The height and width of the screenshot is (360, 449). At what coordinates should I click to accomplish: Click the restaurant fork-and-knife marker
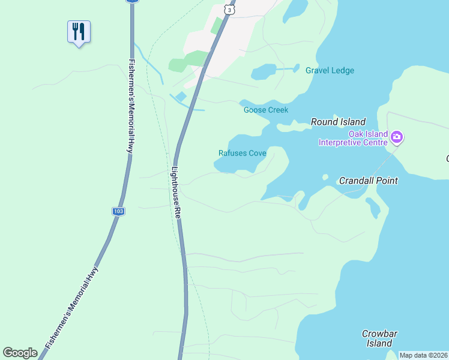79,31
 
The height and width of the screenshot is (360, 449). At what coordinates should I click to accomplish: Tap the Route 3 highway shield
229,10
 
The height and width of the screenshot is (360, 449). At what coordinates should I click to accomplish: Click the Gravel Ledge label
330,70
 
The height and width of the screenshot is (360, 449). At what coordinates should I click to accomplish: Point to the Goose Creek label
266,110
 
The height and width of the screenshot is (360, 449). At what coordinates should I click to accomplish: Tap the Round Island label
338,122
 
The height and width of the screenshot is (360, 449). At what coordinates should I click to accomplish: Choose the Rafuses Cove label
242,153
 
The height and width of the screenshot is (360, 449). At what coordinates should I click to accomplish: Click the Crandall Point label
369,180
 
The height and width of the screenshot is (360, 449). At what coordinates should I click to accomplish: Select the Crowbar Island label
379,338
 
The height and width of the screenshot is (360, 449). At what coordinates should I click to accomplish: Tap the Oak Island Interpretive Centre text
353,138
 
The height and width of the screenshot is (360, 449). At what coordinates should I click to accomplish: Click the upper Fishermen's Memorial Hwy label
130,106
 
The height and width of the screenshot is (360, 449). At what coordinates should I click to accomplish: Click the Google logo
20,353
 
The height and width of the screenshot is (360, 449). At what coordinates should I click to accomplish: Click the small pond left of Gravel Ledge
262,72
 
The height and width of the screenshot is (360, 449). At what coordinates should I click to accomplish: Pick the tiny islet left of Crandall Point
325,177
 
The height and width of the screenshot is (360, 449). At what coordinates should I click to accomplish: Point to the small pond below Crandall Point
373,207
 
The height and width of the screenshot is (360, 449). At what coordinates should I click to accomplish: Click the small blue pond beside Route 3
181,96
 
